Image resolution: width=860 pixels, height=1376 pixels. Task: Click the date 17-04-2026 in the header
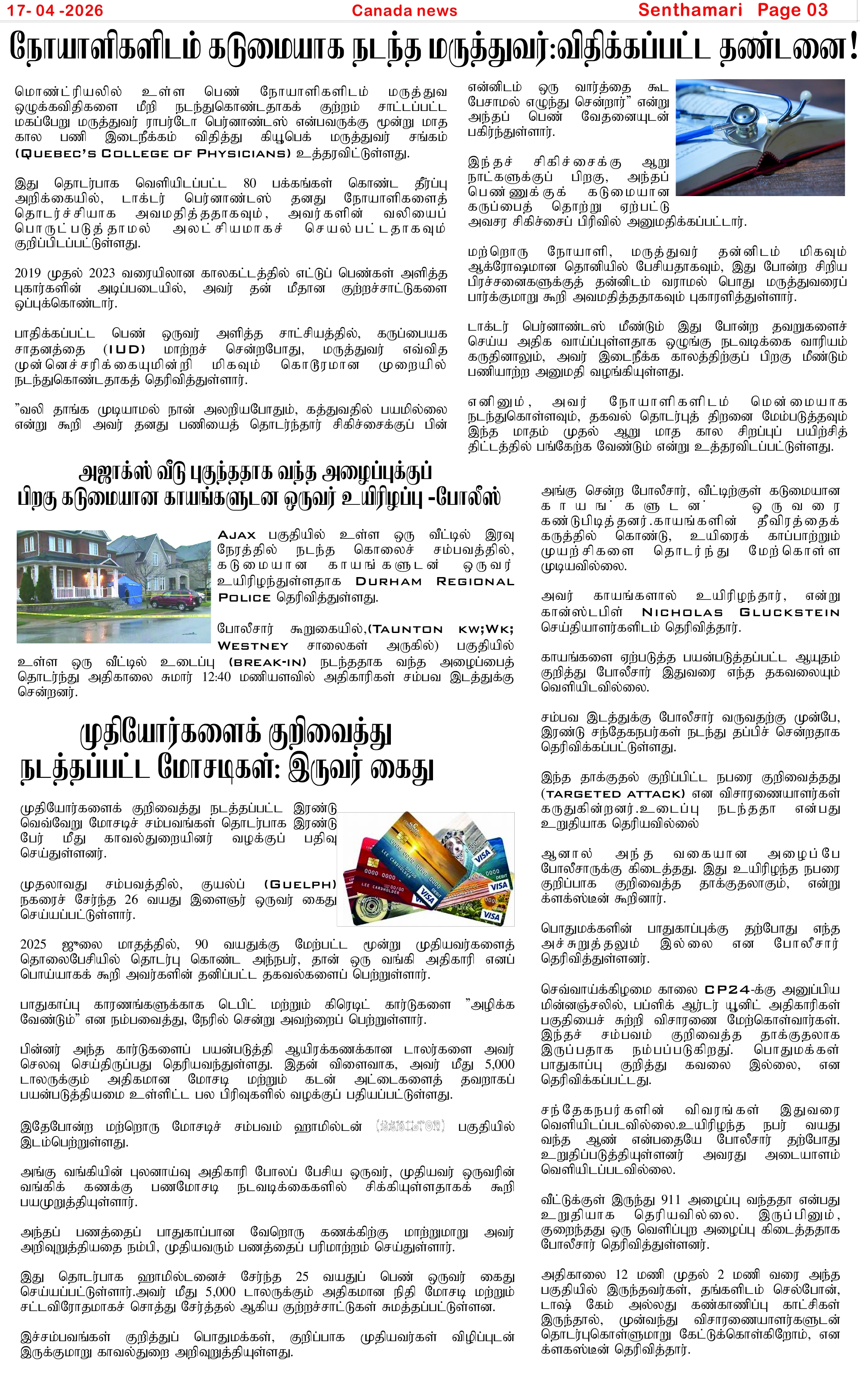55,10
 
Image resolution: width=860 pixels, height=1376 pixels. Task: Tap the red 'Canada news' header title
404,10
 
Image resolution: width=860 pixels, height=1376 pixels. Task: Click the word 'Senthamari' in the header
690,10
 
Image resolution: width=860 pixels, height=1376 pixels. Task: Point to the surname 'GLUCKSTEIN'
789,612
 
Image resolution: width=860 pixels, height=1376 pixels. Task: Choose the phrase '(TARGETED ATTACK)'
613,794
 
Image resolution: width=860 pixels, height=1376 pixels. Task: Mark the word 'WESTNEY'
253,646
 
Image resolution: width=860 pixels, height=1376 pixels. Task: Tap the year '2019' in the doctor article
28,273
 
